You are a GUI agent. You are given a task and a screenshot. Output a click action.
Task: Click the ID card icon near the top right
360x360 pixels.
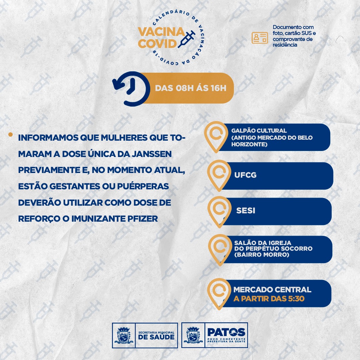(260, 38)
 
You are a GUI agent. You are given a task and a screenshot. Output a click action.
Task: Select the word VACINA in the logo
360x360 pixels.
(161, 32)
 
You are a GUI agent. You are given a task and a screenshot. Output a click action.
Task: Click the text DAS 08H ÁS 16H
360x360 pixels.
(191, 88)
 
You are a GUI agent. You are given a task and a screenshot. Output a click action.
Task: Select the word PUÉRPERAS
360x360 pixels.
(143, 186)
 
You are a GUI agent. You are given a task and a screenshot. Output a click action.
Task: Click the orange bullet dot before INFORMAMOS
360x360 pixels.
(10, 134)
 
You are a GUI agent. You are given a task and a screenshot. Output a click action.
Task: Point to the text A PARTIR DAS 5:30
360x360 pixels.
(269, 298)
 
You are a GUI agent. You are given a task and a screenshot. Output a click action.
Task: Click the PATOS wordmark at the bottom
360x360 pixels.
(226, 332)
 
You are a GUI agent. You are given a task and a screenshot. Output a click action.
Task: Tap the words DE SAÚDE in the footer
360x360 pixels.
(156, 337)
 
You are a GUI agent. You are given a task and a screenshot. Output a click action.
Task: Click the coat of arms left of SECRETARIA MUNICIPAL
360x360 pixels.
(124, 335)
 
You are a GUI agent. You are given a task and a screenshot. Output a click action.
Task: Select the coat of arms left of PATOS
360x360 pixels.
(193, 335)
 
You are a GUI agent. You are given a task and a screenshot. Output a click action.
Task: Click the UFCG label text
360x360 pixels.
(245, 175)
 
